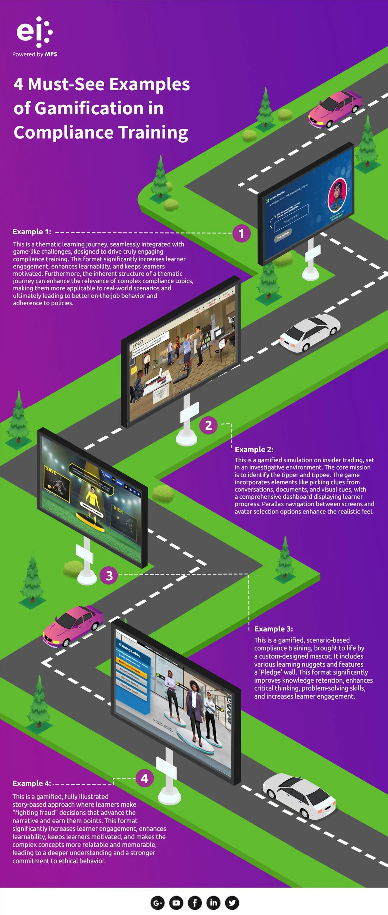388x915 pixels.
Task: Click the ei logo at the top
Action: coord(35,32)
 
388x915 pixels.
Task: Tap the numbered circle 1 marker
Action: coord(242,234)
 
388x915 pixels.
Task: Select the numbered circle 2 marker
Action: coord(209,425)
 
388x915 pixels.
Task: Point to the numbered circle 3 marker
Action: coord(109,575)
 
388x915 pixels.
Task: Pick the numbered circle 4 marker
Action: coord(145,778)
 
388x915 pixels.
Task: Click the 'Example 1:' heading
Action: coord(32,232)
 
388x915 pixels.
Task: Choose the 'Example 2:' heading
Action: coord(254,449)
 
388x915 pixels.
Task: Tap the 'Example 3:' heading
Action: coord(274,629)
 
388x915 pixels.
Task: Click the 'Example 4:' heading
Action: coord(32,783)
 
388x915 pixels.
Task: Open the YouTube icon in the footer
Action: coord(176,902)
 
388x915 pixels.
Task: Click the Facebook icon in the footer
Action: coord(195,902)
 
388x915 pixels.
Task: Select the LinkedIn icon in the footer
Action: coord(213,902)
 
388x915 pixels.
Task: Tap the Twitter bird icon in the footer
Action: coord(232,902)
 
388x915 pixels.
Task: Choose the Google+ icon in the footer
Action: coord(157,902)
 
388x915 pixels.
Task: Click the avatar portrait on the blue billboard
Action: coord(337,196)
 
